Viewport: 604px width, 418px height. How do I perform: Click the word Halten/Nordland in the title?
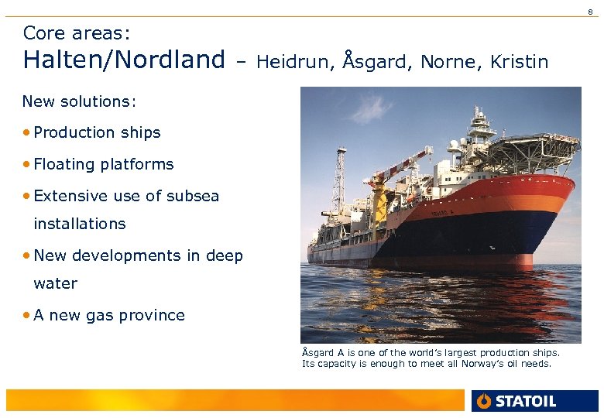click(x=124, y=60)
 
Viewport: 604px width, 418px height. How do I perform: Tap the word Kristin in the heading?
click(x=519, y=61)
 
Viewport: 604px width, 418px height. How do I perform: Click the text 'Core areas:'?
click(x=77, y=33)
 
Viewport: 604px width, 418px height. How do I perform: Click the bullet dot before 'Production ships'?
click(x=27, y=132)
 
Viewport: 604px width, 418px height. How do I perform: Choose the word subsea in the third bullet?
click(x=193, y=196)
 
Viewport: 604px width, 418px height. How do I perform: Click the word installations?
click(x=79, y=224)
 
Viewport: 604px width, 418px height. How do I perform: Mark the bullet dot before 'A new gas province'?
click(x=27, y=315)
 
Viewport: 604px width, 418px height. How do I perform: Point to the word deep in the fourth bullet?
click(x=225, y=255)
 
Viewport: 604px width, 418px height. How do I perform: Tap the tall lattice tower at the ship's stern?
click(x=338, y=190)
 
